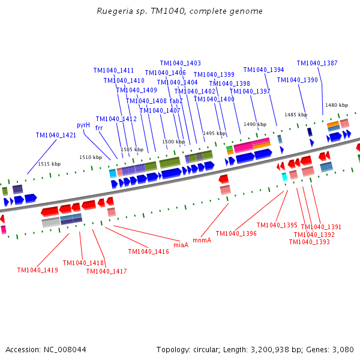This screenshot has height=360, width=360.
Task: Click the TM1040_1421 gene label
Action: point(56,135)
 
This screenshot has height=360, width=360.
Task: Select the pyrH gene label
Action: point(83,125)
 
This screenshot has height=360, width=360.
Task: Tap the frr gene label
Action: point(99,128)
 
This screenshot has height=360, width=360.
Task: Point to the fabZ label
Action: point(176,101)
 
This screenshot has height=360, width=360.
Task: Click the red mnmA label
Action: point(202,241)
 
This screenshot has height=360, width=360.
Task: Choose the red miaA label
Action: point(181,245)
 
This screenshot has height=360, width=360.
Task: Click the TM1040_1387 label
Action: point(317,63)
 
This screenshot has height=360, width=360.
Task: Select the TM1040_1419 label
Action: point(38,270)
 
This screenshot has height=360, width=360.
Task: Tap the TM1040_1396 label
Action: point(236,234)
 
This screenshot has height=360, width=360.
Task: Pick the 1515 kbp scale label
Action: point(49,164)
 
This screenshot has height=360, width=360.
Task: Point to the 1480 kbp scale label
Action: point(337,105)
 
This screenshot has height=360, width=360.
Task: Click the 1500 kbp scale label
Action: point(173,142)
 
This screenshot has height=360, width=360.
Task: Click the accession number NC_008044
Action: point(65,350)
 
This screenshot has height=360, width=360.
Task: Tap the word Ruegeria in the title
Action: point(115,11)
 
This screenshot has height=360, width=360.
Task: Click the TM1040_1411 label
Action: point(113,70)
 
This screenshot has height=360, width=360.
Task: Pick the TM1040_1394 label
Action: point(264,70)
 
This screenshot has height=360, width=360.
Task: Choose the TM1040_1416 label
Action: point(149,251)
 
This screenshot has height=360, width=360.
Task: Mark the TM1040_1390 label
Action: point(298,80)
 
